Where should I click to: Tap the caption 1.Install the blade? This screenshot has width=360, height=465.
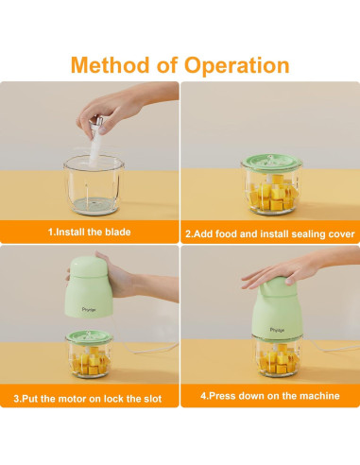[x=90, y=232]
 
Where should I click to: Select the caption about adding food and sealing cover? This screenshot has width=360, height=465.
[x=269, y=232]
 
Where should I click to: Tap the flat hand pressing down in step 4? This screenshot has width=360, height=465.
[x=283, y=275]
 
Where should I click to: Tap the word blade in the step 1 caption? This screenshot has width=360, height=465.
[x=117, y=232]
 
